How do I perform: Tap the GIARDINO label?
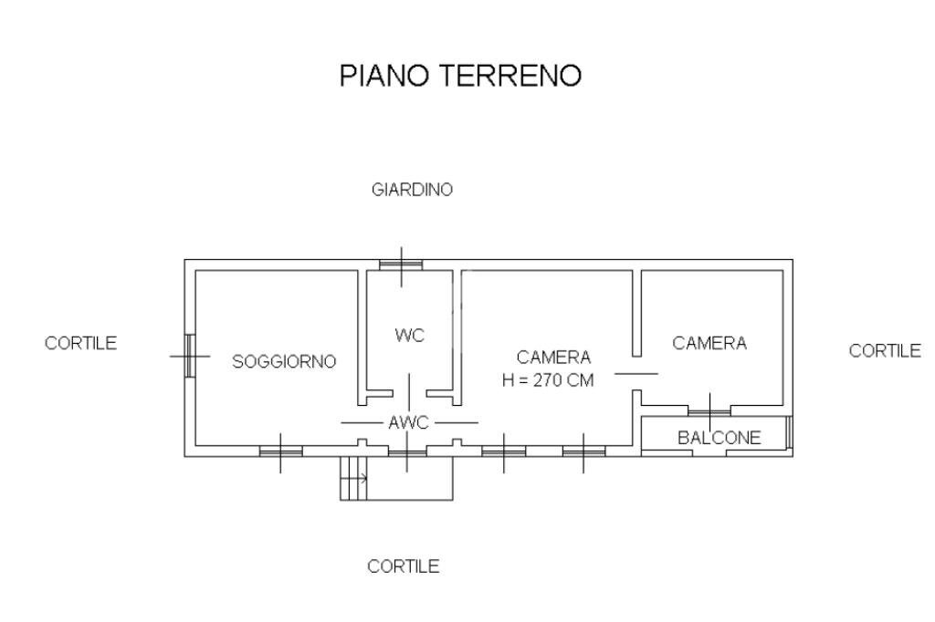tap(413, 191)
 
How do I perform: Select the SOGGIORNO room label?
tap(284, 361)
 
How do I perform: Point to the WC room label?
tap(410, 336)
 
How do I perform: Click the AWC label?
tap(409, 423)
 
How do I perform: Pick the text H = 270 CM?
tap(548, 381)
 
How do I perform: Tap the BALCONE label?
tap(719, 439)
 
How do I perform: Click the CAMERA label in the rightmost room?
tap(709, 343)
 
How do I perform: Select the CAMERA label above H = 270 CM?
tap(553, 358)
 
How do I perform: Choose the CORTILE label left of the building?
tap(80, 343)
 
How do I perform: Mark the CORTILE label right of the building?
tap(885, 350)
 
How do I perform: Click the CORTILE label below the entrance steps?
tap(403, 566)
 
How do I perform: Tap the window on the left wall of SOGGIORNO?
tap(190, 356)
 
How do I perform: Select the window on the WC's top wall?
tap(401, 265)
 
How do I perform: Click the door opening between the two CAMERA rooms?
tap(636, 374)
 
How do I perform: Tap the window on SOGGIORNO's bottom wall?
tap(279, 451)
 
